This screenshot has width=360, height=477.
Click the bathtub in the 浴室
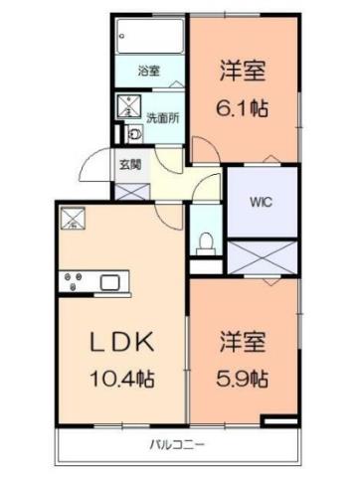click(x=148, y=41)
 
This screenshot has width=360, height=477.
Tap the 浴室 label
click(x=148, y=72)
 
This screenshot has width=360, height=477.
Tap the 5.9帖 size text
click(x=244, y=378)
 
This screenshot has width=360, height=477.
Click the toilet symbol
click(x=206, y=240)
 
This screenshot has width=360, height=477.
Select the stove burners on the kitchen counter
click(x=73, y=282)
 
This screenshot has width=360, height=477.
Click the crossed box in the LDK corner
click(x=72, y=218)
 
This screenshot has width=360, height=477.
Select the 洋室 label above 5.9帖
click(x=244, y=340)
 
